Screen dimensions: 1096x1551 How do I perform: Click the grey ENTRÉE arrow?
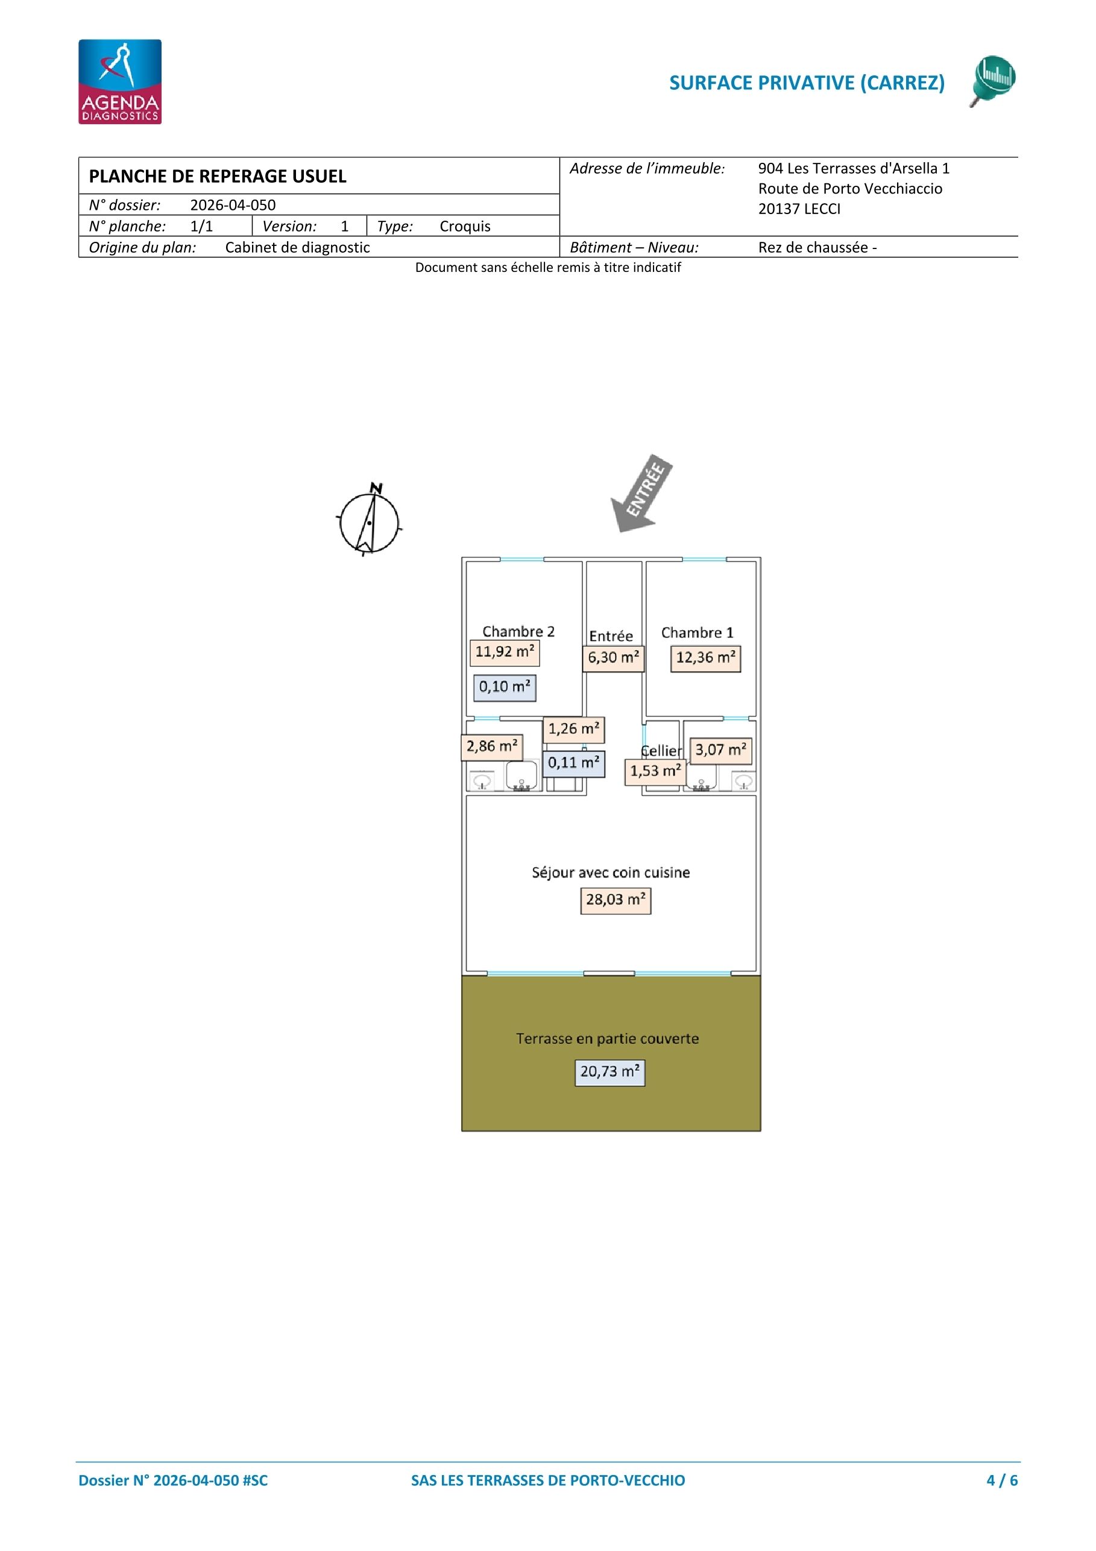(x=641, y=493)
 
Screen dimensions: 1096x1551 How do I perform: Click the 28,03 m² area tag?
(x=615, y=900)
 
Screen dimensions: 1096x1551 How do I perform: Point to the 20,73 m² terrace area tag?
(x=609, y=1072)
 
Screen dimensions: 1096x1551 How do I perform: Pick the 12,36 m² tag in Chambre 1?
(x=706, y=659)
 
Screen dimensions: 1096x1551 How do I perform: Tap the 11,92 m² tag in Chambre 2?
(x=505, y=652)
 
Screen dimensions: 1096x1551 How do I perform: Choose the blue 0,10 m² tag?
(x=505, y=687)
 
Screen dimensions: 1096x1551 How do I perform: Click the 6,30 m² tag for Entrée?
(x=613, y=659)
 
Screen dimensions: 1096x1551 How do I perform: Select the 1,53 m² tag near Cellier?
(x=655, y=771)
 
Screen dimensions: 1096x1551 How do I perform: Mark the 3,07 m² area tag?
(x=720, y=751)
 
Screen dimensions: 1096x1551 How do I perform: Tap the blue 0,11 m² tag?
(x=573, y=764)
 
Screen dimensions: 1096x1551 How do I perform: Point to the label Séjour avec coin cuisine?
(x=611, y=873)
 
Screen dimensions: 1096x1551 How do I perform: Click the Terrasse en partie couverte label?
(x=607, y=1039)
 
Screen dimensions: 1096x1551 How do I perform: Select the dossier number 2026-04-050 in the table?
(x=232, y=206)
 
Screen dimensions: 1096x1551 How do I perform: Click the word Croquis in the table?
(x=465, y=226)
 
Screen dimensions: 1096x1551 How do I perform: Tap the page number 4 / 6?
(x=1001, y=1480)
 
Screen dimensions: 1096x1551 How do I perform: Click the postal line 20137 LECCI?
(x=799, y=209)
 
